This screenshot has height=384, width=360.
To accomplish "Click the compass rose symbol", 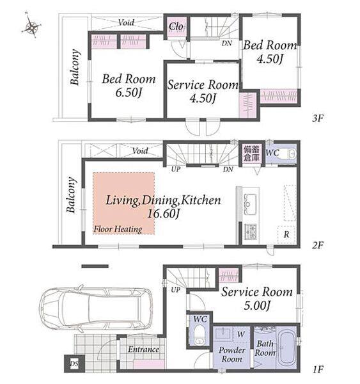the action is pos(31,26).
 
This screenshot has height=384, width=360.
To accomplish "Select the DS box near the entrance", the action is pos(74,363).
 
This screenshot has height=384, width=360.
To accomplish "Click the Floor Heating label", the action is pos(118,229).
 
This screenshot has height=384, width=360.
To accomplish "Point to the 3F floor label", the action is pos(318,118).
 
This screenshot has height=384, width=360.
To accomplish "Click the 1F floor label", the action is pos(318,369).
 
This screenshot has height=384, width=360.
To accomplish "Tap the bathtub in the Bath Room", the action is pos(288,347).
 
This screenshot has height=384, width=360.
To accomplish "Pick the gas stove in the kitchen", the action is pos(251,232).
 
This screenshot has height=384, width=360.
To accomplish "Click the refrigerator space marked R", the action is pos(286,234).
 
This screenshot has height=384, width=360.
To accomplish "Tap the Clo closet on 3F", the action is pos(176,26).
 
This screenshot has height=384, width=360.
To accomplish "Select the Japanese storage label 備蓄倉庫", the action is pos(251,154).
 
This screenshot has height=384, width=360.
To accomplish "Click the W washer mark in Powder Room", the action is pos(241,334).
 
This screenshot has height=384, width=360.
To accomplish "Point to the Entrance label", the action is pos(143,349).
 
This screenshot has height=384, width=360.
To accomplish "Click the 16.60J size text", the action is pos(164,214).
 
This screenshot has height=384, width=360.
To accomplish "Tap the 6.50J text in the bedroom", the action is pos(129,92).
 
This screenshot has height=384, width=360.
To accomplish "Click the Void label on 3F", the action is pos(126,22).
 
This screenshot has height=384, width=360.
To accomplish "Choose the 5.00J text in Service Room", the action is pos(257,305).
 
